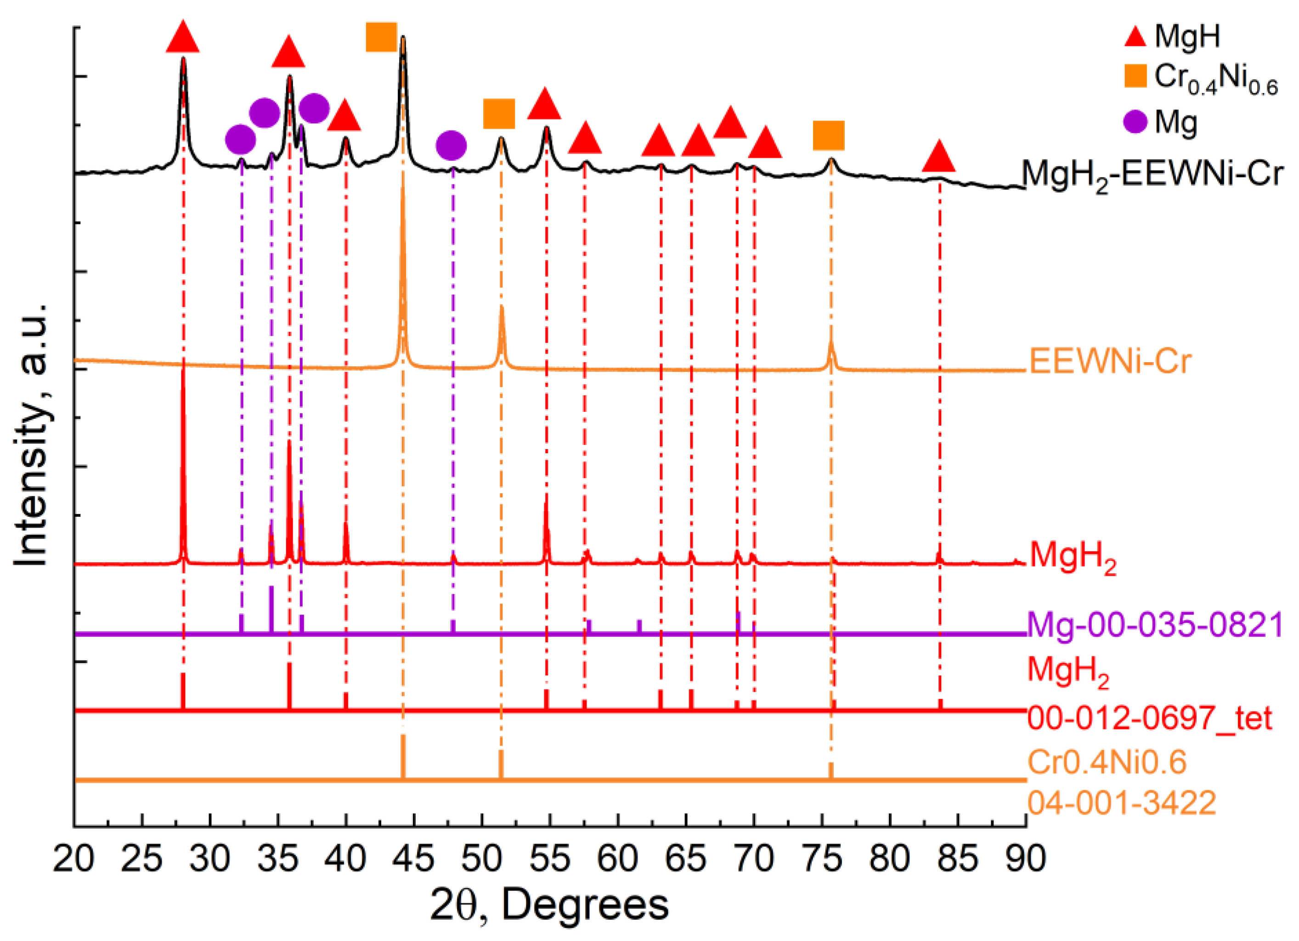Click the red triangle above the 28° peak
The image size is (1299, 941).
coord(183,37)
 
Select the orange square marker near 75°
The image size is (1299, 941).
coord(829,136)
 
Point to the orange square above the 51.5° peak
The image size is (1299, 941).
coord(499,114)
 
